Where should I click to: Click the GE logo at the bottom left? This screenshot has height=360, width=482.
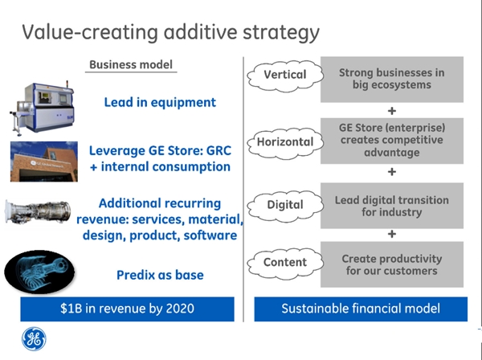tap(34, 339)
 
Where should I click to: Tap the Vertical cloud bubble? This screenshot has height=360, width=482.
tap(285, 76)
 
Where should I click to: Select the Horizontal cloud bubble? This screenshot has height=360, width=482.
tap(285, 143)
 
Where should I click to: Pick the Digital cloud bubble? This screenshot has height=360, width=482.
tap(285, 206)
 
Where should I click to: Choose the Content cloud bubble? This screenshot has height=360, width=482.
tap(285, 264)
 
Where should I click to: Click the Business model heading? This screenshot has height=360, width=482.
tap(131, 64)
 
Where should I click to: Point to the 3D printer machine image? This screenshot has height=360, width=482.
tap(43, 108)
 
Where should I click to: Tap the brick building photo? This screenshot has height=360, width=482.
tap(44, 162)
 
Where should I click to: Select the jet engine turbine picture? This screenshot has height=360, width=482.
tap(38, 211)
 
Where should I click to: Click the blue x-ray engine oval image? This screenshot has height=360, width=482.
tap(39, 272)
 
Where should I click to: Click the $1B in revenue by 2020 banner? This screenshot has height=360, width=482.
tap(127, 309)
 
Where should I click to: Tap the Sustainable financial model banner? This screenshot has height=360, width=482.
tap(361, 309)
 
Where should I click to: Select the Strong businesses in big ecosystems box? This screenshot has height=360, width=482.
tap(392, 80)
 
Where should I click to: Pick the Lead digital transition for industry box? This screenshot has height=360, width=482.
tap(392, 206)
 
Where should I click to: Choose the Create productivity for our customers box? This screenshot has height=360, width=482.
tap(392, 264)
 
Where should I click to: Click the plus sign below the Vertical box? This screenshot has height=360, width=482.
tap(392, 111)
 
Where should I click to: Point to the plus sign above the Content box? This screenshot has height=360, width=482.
tap(392, 235)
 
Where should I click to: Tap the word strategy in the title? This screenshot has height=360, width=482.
tap(281, 33)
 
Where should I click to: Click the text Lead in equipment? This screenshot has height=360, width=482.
tap(160, 103)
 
